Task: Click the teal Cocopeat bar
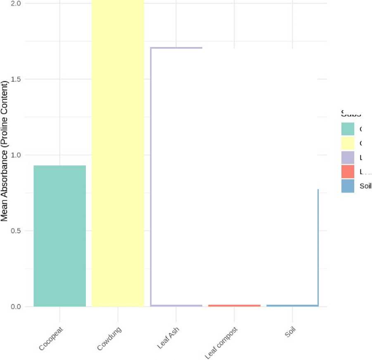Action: [59, 235]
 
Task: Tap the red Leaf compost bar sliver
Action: [235, 305]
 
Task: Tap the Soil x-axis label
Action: [291, 332]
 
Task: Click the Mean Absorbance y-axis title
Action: [5, 151]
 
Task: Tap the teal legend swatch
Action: [348, 129]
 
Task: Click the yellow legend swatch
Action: [348, 143]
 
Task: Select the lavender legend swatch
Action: [348, 158]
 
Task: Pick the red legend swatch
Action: [348, 172]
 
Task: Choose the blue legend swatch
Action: [348, 186]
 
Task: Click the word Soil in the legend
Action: [365, 186]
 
